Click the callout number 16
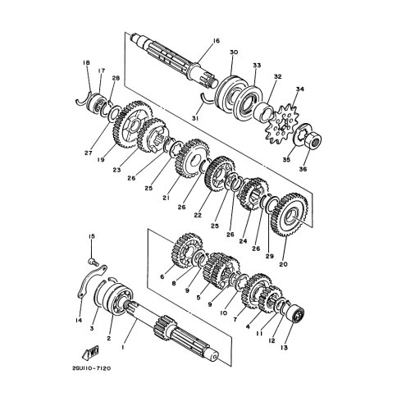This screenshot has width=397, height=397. [x=216, y=41]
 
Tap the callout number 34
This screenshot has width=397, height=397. [x=299, y=89]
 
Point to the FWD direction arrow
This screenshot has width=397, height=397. [x=91, y=353]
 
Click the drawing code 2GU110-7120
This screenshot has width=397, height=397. [x=92, y=368]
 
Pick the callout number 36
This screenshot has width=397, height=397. [x=303, y=169]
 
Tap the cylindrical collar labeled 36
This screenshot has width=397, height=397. [x=313, y=139]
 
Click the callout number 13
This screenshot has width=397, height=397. [x=284, y=348]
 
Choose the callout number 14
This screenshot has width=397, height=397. [x=79, y=320]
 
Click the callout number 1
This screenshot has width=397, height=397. [x=123, y=347]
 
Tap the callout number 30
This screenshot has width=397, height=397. [x=234, y=52]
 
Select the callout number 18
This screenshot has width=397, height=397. [x=86, y=63]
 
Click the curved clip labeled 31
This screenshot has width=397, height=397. [x=206, y=100]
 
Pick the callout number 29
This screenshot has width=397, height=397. [x=270, y=257]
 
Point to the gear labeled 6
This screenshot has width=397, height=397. [x=188, y=251]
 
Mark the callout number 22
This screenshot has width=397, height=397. [x=198, y=215]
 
